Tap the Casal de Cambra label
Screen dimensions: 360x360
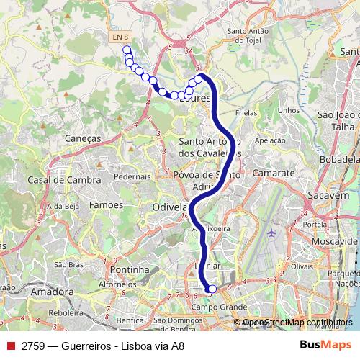coord(59,180)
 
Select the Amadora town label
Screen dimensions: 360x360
coord(52,292)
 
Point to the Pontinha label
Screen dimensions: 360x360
coord(130,269)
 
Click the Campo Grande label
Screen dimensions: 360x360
coord(214,307)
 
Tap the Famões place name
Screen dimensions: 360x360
coord(106,206)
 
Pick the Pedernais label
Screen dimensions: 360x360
coord(132,176)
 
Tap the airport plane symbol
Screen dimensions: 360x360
coord(271,233)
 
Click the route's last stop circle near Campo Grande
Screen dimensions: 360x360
coord(212,289)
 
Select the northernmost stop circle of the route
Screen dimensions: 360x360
coord(127,50)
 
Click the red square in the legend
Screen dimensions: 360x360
coord(11,346)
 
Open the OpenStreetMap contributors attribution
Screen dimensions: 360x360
coord(297,323)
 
